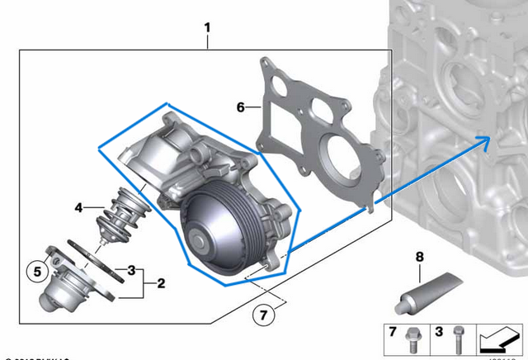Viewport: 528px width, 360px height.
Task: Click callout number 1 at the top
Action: [x=207, y=28]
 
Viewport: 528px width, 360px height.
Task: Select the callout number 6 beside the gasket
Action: [x=241, y=107]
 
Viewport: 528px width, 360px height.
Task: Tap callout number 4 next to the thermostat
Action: [x=78, y=208]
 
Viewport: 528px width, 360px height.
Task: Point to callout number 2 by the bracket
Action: [x=160, y=283]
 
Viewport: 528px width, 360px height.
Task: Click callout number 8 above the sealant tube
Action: [x=419, y=257]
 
